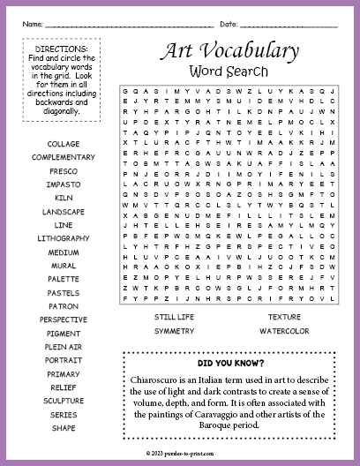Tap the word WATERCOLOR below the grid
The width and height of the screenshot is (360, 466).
pyautogui.click(x=284, y=330)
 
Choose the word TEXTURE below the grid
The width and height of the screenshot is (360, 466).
pyautogui.click(x=284, y=316)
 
